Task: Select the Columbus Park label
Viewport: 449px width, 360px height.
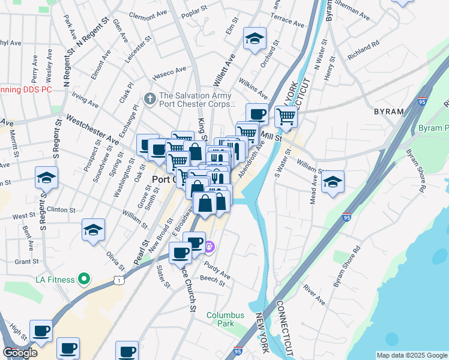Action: (x=226, y=319)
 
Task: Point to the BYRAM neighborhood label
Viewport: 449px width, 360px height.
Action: (x=390, y=112)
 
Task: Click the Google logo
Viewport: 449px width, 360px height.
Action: (x=20, y=352)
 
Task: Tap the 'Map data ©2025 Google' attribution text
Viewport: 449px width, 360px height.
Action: (x=411, y=355)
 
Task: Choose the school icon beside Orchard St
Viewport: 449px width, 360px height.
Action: (x=255, y=39)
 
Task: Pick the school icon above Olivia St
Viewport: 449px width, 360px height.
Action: (x=93, y=230)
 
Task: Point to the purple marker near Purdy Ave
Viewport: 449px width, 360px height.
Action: (x=209, y=246)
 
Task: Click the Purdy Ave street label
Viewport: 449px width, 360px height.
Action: (x=217, y=272)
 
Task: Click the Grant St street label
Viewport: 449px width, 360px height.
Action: (x=26, y=262)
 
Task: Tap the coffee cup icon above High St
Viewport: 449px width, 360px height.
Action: (x=41, y=330)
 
